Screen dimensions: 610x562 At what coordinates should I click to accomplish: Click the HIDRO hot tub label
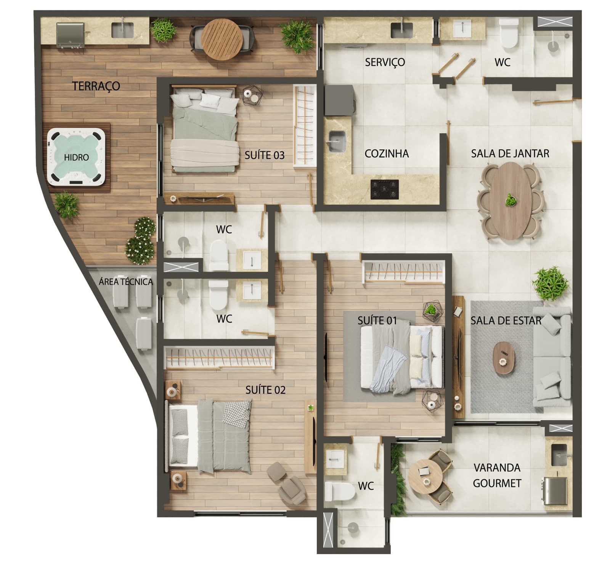pyautogui.click(x=76, y=157)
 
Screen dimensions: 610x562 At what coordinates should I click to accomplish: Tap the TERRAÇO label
pyautogui.click(x=96, y=86)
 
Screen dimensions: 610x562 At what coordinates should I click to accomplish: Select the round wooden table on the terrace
pyautogui.click(x=222, y=38)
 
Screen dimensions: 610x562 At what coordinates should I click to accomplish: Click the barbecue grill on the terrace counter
pyautogui.click(x=70, y=35)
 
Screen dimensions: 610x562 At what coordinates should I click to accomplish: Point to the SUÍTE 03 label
pyautogui.click(x=265, y=155)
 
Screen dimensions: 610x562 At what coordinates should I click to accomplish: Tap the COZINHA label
pyautogui.click(x=387, y=154)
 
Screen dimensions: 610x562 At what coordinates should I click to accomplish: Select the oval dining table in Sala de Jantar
pyautogui.click(x=510, y=201)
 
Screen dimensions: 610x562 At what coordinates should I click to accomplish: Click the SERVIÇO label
pyautogui.click(x=385, y=62)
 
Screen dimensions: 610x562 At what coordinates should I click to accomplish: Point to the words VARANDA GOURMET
pyautogui.click(x=497, y=475)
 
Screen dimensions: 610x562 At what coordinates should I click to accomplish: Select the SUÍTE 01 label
pyautogui.click(x=377, y=320)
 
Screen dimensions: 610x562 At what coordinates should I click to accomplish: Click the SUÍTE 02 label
pyautogui.click(x=265, y=390)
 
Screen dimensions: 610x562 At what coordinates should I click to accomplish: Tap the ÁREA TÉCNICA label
pyautogui.click(x=126, y=282)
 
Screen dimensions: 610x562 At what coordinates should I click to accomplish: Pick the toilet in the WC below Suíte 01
pyautogui.click(x=340, y=491)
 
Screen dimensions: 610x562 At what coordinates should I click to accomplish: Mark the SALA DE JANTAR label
pyautogui.click(x=510, y=154)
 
